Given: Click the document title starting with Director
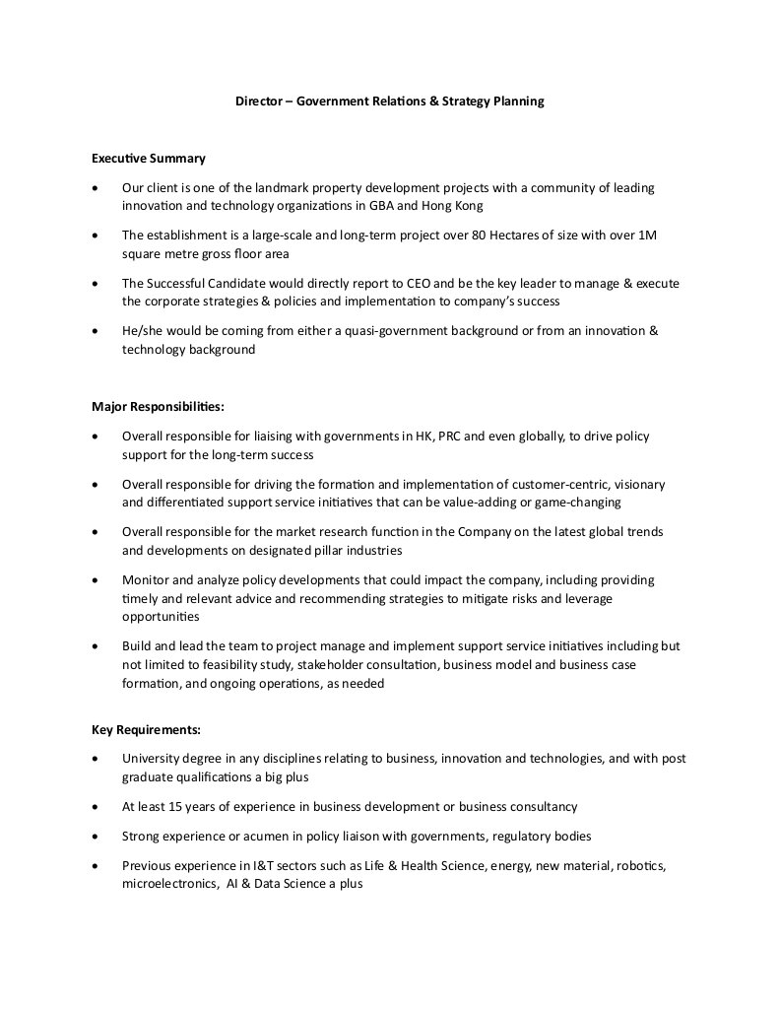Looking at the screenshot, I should (x=389, y=101).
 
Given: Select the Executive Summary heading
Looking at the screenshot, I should (x=149, y=158).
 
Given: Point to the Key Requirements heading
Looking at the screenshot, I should (x=146, y=730).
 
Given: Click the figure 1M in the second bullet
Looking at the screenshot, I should (x=646, y=235).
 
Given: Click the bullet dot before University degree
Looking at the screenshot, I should (x=94, y=760).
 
